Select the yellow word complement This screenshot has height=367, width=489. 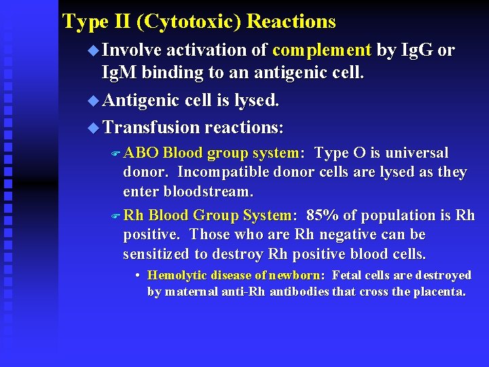321,50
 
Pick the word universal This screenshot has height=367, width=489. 416,153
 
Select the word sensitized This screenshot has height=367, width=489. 156,254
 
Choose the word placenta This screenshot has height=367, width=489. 439,292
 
